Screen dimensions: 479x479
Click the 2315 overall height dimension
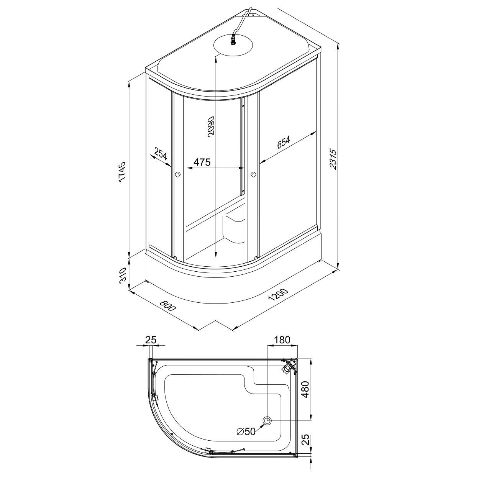tap(334, 159)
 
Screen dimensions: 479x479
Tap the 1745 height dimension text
tap(122, 172)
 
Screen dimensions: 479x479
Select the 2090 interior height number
tap(211, 126)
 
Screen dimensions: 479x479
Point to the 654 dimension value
tap(283, 142)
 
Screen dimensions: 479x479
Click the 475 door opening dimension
tap(202, 162)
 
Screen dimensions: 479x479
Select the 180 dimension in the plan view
tap(282, 339)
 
